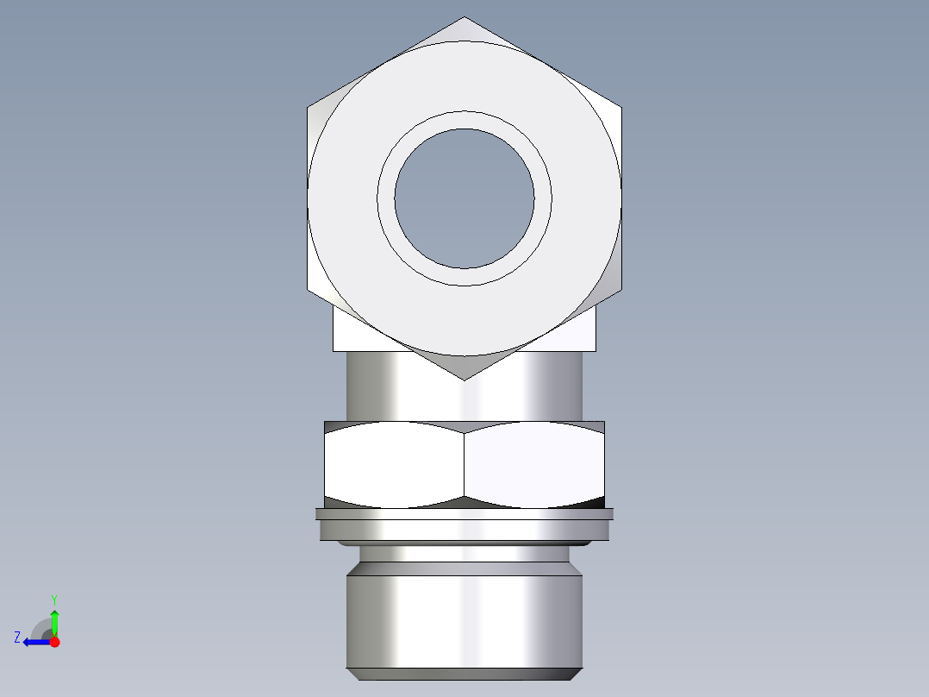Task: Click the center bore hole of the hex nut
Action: click(x=464, y=198)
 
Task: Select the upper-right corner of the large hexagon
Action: click(x=620, y=108)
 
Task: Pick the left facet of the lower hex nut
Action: click(x=395, y=464)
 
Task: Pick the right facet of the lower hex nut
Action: click(x=534, y=464)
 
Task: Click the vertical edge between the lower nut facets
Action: click(x=464, y=464)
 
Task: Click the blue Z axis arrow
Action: click(x=33, y=642)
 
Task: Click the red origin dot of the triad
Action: click(x=54, y=642)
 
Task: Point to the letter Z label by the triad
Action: click(x=17, y=637)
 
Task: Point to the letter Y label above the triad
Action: click(x=53, y=598)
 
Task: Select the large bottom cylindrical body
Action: click(x=464, y=621)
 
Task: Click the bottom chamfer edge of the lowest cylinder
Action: click(x=464, y=673)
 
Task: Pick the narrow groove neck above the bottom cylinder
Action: click(x=464, y=554)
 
